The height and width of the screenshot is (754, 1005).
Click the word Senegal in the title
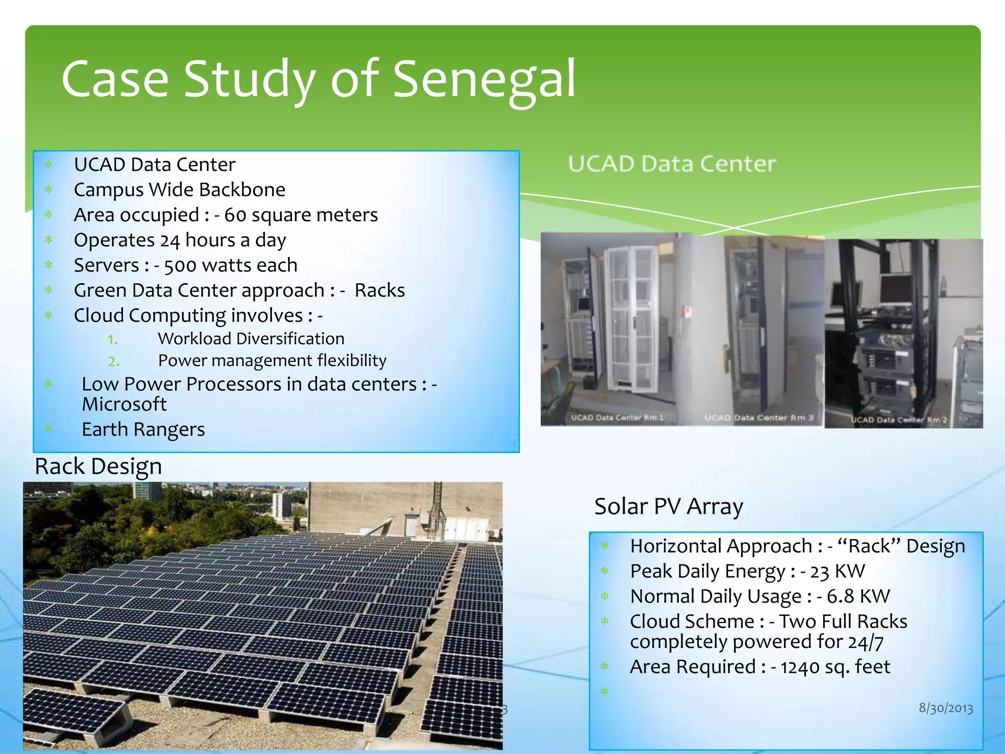tap(484, 79)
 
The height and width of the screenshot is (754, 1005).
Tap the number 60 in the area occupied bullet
tap(235, 215)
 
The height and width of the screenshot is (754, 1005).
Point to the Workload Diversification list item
tap(251, 339)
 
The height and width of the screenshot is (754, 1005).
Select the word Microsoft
tap(124, 404)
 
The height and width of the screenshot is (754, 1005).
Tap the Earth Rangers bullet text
tap(143, 430)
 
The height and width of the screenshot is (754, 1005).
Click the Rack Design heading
tap(98, 466)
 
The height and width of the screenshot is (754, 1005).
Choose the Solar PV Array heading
tap(668, 506)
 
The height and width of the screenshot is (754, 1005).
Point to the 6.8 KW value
tap(858, 596)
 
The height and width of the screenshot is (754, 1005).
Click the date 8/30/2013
tap(946, 708)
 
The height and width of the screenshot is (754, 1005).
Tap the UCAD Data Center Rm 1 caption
tap(617, 417)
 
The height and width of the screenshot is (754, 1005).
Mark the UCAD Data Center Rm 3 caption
tap(759, 417)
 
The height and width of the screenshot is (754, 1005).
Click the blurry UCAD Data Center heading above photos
tap(672, 163)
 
